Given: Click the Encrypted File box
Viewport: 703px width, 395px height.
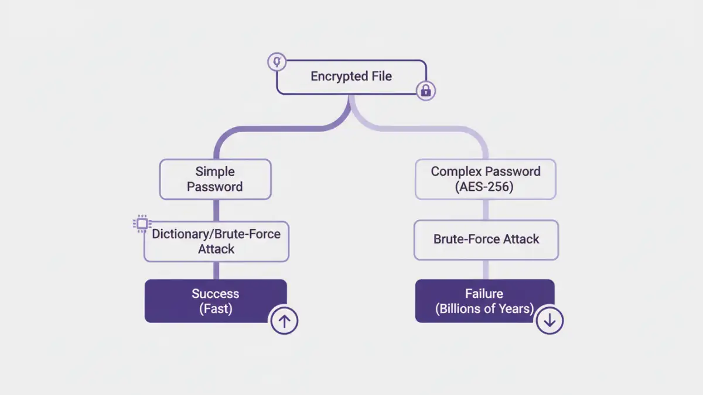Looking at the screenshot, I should tap(351, 77).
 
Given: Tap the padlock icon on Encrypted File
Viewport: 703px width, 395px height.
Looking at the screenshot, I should tap(426, 90).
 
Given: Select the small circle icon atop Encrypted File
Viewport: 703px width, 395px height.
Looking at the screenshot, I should tap(277, 62).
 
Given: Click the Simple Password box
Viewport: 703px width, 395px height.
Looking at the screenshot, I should tap(215, 179).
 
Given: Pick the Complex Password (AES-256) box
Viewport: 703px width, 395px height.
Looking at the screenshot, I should tap(485, 179).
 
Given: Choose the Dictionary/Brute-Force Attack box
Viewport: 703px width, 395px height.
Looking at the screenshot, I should tap(216, 241).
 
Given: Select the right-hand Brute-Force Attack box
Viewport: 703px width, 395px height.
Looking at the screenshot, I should tap(486, 239).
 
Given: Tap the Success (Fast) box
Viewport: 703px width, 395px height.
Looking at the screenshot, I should tap(215, 301).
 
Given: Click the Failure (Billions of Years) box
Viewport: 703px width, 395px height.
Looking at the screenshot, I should tap(484, 301).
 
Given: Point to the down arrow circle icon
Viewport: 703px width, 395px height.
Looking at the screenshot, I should tap(550, 320).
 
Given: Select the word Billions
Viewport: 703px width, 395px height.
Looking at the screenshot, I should tap(461, 309).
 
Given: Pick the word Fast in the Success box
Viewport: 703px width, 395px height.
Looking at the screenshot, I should tap(216, 309).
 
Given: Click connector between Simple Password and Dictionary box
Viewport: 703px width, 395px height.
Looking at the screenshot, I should tap(216, 210).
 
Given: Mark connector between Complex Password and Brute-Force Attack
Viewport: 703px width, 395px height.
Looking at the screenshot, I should tap(485, 209).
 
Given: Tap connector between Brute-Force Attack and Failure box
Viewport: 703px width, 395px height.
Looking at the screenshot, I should tap(485, 269).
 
